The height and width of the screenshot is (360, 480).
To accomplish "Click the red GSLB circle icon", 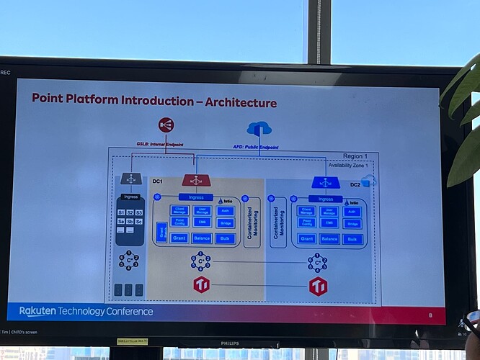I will (x=166, y=125).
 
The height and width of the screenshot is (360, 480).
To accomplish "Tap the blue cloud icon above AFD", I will (x=259, y=129).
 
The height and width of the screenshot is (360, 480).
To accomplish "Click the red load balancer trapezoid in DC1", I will (x=196, y=180).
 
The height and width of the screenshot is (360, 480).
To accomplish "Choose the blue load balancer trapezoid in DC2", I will (x=325, y=182).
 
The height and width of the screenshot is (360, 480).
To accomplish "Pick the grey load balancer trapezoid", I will (x=131, y=179).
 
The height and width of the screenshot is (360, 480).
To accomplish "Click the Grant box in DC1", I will (x=179, y=238).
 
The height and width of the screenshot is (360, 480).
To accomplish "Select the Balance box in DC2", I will (x=329, y=239).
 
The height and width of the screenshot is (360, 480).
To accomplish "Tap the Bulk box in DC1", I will (x=225, y=238).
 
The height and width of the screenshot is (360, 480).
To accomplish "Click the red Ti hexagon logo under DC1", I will (x=201, y=284).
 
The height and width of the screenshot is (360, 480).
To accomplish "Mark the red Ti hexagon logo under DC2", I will (x=318, y=287).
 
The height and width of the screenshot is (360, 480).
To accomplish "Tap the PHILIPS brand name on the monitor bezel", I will (x=234, y=343).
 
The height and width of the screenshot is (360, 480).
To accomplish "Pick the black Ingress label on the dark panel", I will (x=130, y=197).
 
